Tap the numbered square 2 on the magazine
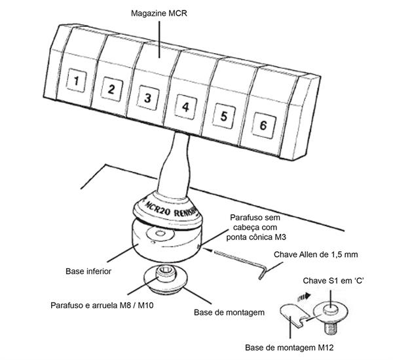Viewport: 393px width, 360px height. point(111,89)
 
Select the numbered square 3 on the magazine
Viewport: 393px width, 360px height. point(148,97)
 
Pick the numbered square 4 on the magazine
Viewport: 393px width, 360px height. point(185,106)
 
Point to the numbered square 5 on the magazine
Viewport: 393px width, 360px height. point(224,116)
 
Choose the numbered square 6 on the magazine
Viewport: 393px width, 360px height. point(263,125)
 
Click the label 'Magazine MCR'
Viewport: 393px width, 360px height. point(159,14)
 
